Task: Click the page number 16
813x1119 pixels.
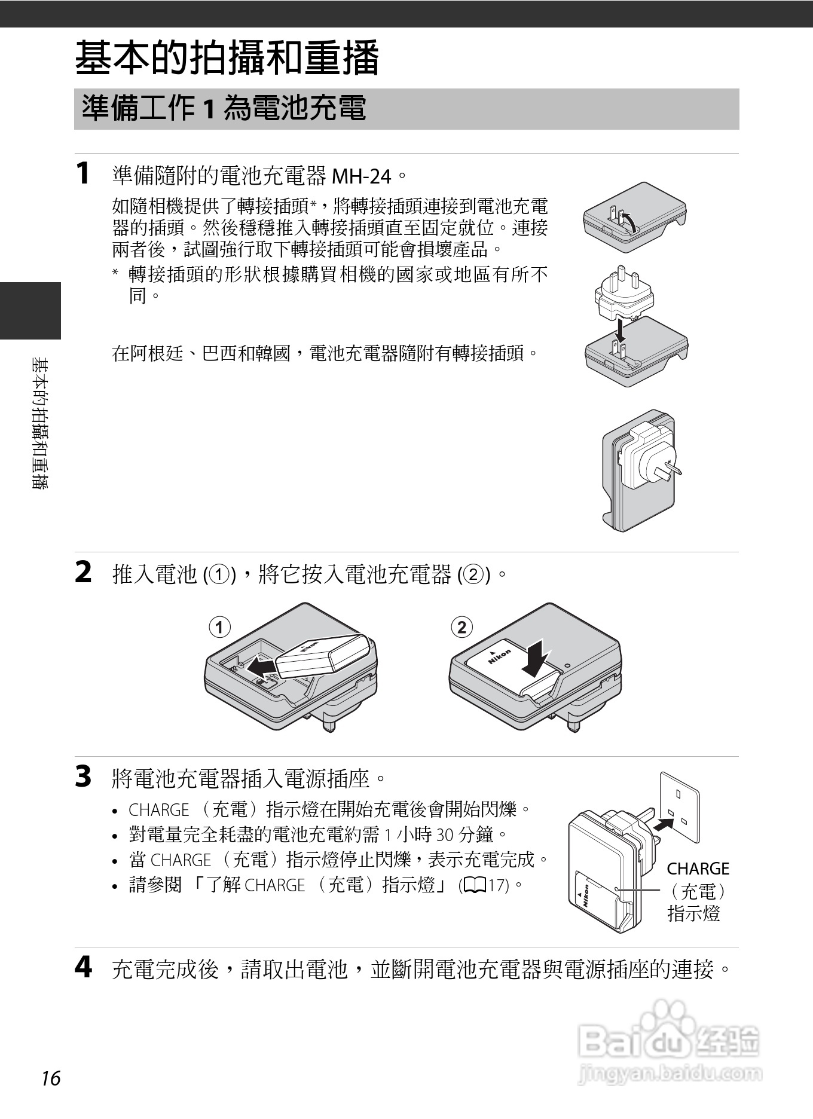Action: pyautogui.click(x=51, y=1078)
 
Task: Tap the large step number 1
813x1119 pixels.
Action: pyautogui.click(x=83, y=174)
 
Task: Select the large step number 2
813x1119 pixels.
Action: pyautogui.click(x=83, y=573)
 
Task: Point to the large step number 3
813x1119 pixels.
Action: pyautogui.click(x=83, y=777)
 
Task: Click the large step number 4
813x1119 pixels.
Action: pyautogui.click(x=83, y=967)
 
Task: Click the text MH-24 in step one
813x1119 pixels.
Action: pyautogui.click(x=361, y=176)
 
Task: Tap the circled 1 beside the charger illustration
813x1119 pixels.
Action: pyautogui.click(x=219, y=627)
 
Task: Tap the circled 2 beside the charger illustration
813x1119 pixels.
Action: pyautogui.click(x=461, y=627)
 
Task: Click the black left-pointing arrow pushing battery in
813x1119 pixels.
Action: pyautogui.click(x=261, y=665)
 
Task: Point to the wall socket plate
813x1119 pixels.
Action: pyautogui.click(x=679, y=807)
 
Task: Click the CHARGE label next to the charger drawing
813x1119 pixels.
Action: pyautogui.click(x=698, y=869)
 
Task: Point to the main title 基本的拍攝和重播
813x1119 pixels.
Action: pyautogui.click(x=227, y=58)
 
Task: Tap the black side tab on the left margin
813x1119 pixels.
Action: pyautogui.click(x=30, y=310)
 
